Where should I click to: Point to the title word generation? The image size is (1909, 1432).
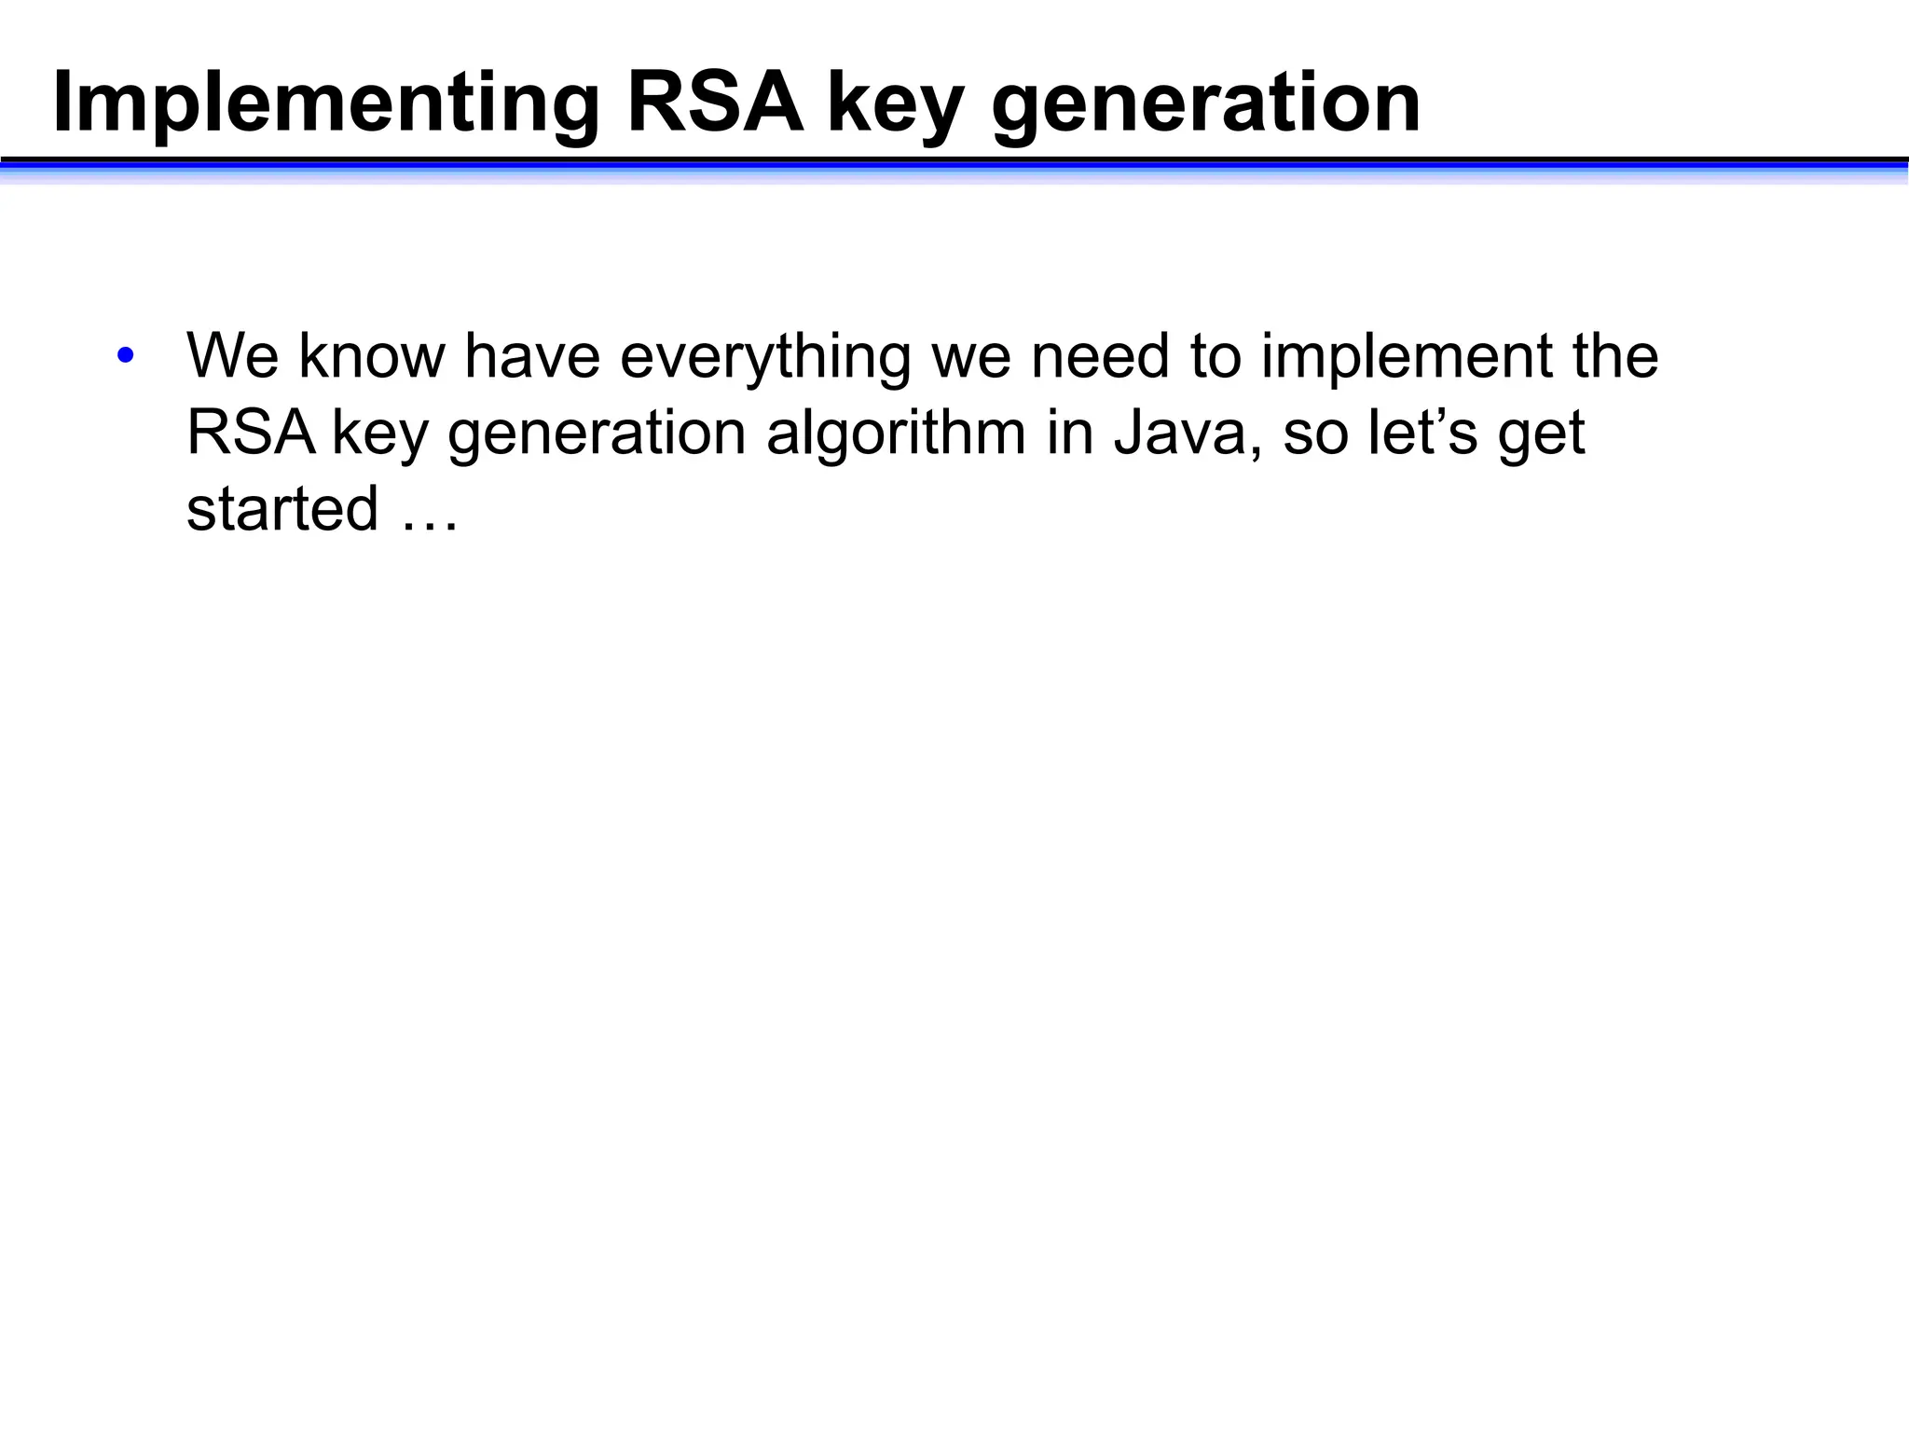click(1205, 104)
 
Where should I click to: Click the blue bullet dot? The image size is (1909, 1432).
click(126, 356)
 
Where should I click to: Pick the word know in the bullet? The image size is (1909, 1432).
click(371, 356)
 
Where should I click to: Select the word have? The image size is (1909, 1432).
click(532, 356)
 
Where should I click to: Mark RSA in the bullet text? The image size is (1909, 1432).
click(251, 433)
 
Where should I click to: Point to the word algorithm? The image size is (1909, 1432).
click(895, 434)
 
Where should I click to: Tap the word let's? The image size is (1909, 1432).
click(1422, 433)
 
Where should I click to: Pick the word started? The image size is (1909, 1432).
click(282, 509)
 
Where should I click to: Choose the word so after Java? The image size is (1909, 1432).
click(1314, 434)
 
